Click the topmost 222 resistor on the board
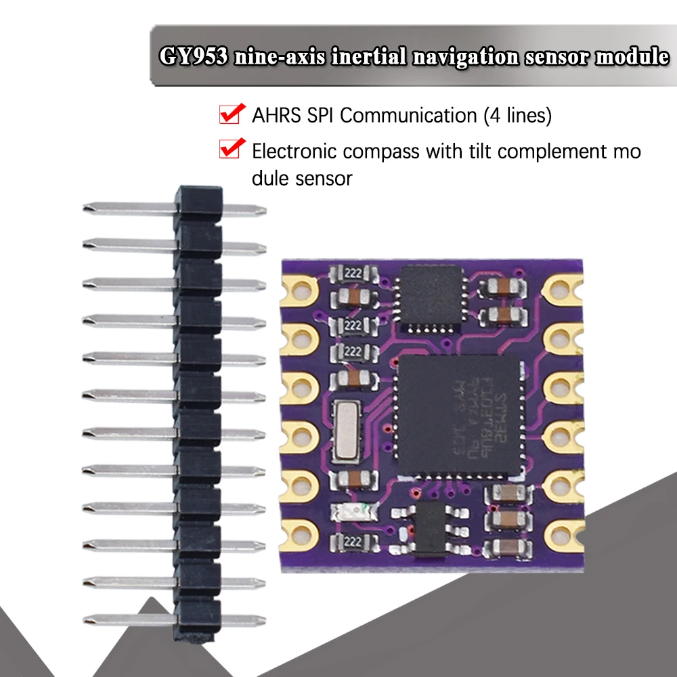pos(351,274)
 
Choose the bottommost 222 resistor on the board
pos(351,541)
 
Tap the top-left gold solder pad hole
pos(297,290)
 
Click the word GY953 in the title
pos(194,57)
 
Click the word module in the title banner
pos(632,57)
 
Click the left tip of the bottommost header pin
pos(87,619)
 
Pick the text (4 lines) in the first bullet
pos(517,116)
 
